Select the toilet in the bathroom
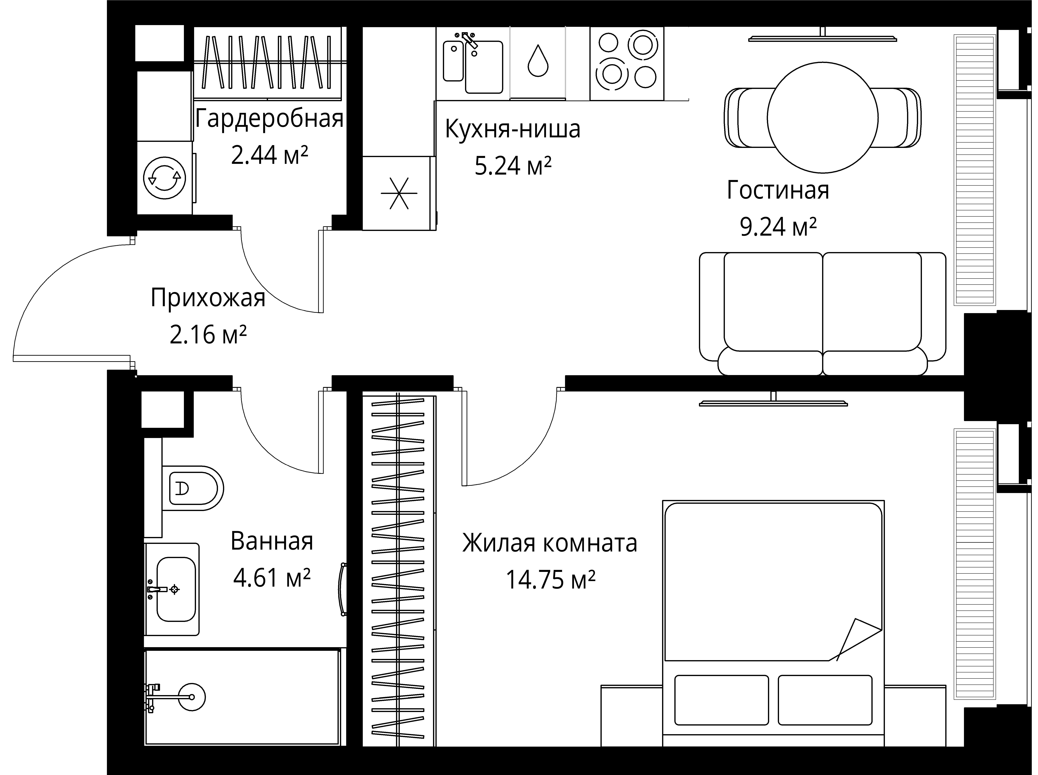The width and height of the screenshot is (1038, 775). tap(192, 488)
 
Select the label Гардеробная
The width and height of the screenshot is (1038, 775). tap(269, 119)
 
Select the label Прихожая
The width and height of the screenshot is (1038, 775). tap(208, 298)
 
